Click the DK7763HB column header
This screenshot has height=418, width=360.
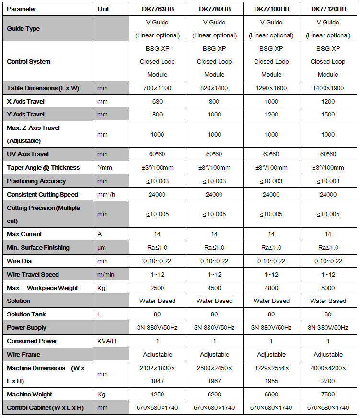point(157,9)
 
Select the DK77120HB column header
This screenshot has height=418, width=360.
point(328,9)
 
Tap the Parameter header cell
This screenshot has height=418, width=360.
point(22,9)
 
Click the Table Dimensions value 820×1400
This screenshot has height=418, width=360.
point(214,88)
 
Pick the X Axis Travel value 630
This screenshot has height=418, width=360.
point(157,101)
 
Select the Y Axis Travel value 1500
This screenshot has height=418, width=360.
point(328,115)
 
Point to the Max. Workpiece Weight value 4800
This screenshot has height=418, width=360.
point(271,288)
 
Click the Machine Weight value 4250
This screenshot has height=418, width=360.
point(157,394)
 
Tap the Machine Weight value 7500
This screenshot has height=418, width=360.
point(328,394)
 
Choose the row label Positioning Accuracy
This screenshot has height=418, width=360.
point(36,181)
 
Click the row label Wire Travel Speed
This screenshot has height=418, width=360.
point(33,274)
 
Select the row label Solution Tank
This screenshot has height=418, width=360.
point(26,314)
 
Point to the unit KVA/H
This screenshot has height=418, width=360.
point(107,341)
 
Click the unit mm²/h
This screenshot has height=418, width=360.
point(106,195)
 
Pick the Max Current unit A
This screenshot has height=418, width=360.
point(100,234)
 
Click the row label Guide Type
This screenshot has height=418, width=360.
point(23,28)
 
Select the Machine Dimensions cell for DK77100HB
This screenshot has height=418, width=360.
point(271,374)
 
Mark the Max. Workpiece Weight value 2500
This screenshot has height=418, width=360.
point(157,288)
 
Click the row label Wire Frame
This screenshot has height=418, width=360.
point(23,354)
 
